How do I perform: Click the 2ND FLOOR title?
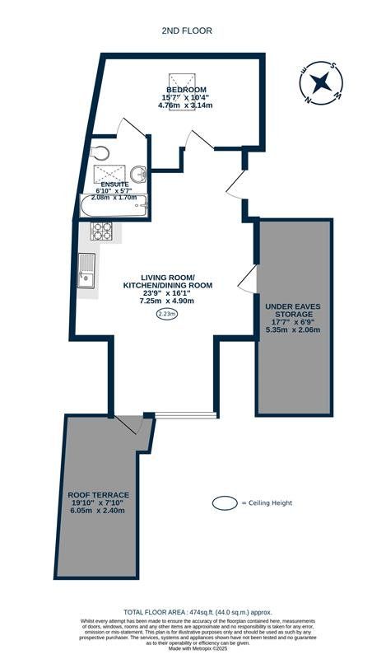click(x=188, y=30)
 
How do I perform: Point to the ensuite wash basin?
click(x=138, y=173)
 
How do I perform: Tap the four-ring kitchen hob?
click(x=102, y=233)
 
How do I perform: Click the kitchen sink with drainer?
click(x=87, y=271)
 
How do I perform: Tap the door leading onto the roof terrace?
click(x=128, y=425)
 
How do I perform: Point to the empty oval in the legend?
click(x=223, y=502)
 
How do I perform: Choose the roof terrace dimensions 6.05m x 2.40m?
click(x=98, y=512)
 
